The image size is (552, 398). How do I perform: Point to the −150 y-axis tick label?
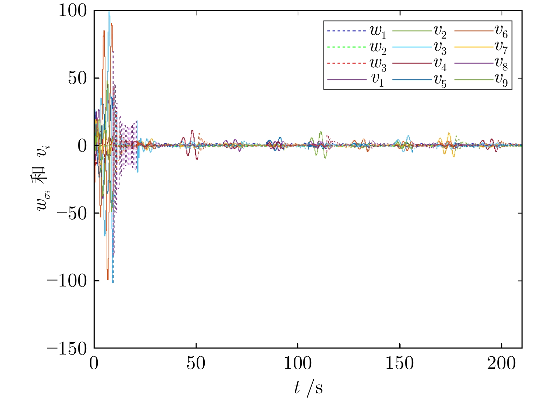(67, 348)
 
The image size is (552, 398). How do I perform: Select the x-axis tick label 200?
(501, 364)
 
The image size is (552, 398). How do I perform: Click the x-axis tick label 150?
(400, 364)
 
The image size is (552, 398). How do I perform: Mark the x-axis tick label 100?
(298, 364)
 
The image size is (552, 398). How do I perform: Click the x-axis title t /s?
(308, 388)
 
